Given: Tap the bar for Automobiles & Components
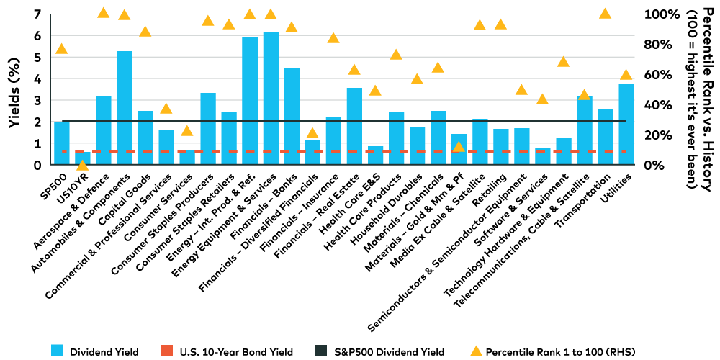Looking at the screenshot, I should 124,108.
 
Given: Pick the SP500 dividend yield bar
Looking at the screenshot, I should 62,143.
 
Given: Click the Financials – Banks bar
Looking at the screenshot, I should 292,116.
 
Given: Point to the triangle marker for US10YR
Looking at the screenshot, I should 82,166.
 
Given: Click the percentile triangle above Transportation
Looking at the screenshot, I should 605,14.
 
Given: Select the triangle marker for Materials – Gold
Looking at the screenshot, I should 458,147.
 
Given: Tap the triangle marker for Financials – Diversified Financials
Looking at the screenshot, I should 312,133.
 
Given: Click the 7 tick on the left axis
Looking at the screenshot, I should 37,14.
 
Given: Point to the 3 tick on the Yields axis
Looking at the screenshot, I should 37,100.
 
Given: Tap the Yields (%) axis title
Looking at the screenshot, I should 14,90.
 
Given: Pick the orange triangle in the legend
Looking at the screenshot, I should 475,351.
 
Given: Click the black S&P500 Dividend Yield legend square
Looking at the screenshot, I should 321,351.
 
